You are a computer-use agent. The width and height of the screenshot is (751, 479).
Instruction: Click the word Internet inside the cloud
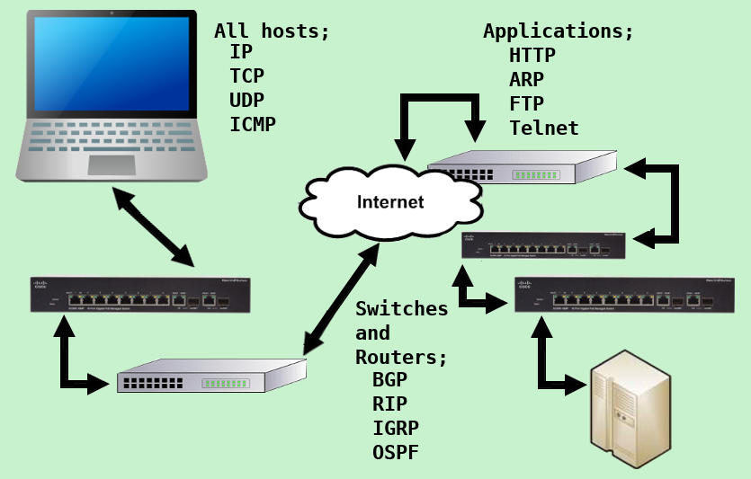coord(390,201)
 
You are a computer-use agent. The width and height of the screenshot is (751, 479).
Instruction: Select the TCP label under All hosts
coord(247,75)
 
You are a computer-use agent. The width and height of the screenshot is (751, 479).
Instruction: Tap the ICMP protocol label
coord(253,124)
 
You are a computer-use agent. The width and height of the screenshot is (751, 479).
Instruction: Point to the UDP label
coord(247,100)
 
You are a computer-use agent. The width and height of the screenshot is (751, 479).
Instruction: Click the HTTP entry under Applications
coord(532,56)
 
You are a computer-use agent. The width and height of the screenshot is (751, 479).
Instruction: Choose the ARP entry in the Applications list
coord(527,80)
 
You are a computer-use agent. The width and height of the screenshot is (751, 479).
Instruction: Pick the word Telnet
coord(544,129)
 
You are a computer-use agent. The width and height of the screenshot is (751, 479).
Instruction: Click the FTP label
coord(527,104)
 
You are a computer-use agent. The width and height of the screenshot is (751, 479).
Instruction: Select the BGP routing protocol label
coord(390,379)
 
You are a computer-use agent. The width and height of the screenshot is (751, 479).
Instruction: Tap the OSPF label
coord(396,452)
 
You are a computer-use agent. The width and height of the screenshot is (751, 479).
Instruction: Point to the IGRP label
coord(396,428)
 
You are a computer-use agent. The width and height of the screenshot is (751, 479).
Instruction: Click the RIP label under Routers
coord(390,404)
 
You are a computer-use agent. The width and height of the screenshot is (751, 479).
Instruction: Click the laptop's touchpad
coord(112,164)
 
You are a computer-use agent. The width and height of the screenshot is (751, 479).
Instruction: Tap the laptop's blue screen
coord(112,63)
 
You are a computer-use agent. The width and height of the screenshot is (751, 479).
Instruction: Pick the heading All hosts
coord(272,31)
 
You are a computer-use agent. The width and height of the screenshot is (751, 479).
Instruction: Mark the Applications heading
coord(559,31)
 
